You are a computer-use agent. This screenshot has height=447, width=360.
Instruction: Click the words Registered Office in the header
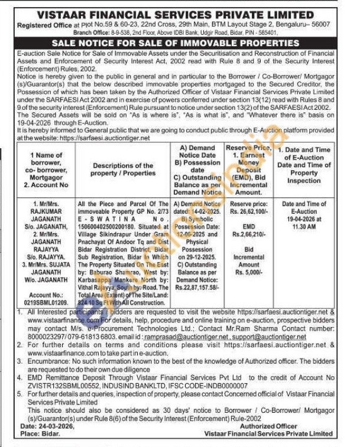[x=46, y=25]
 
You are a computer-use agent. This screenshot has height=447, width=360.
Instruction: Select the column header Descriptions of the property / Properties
[x=122, y=169]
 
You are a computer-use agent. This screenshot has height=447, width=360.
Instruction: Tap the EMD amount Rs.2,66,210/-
[x=248, y=234]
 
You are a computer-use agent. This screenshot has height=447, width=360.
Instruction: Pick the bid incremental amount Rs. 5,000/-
[x=248, y=272]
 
